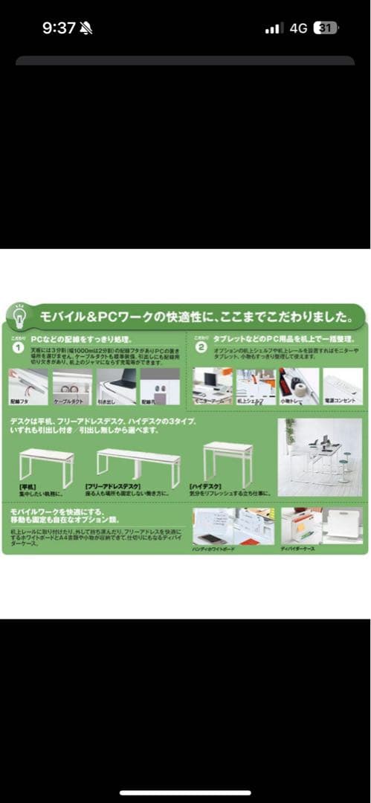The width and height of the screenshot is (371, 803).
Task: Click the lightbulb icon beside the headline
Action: coord(21,314)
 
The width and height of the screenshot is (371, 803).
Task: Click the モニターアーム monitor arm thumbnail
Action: coord(213,384)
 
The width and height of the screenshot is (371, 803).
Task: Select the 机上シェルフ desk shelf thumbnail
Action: coord(256,384)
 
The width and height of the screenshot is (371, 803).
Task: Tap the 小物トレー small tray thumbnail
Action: coord(299,384)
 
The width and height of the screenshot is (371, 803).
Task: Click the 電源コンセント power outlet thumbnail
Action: coord(343,384)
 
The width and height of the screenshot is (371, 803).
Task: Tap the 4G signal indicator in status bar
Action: coord(298,28)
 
